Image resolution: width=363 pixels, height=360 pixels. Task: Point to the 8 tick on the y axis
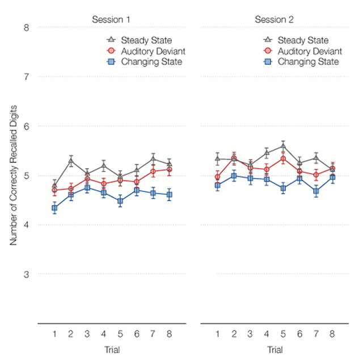[26, 27]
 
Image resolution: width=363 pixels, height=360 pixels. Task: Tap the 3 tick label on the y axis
[26, 274]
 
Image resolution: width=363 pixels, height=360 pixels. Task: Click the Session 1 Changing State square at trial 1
[54, 208]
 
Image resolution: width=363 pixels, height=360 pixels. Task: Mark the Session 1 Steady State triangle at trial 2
[71, 161]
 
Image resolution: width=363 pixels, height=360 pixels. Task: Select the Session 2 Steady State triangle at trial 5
[283, 145]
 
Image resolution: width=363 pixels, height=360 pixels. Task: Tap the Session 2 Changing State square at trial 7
[316, 191]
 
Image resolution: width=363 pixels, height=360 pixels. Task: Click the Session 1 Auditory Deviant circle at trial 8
[170, 169]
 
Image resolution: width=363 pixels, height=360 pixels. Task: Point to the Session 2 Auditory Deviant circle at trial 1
[218, 177]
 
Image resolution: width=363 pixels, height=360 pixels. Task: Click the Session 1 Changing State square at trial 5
[120, 201]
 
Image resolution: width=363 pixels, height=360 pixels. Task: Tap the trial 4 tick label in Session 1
[104, 334]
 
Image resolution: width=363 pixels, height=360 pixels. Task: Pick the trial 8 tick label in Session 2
[332, 334]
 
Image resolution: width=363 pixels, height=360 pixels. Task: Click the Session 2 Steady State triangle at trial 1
[218, 158]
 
